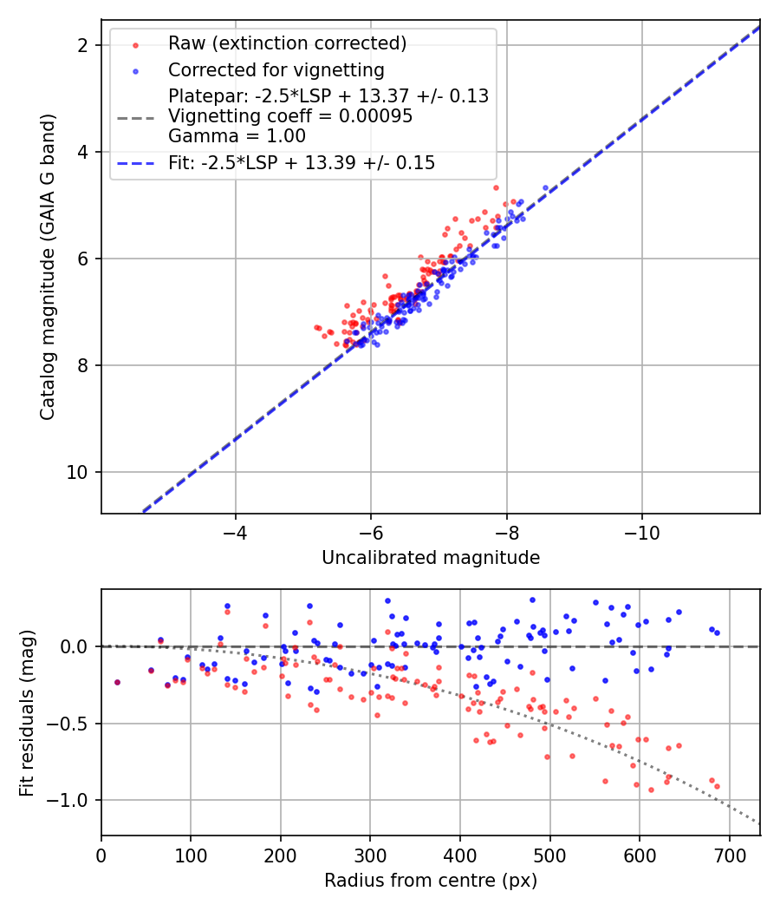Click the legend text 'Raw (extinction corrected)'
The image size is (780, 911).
point(287,43)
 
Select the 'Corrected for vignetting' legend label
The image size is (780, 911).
point(276,69)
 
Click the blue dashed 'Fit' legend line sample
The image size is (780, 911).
point(137,163)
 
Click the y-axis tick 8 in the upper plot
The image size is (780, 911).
point(82,365)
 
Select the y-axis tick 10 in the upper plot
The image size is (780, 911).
point(78,472)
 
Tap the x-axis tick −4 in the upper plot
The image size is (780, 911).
point(235,533)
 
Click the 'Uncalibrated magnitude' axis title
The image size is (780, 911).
point(431,558)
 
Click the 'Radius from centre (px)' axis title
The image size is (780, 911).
point(431,881)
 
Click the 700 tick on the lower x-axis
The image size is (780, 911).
point(729,855)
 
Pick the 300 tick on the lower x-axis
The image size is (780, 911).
point(370,855)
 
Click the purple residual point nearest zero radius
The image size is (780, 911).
point(117,682)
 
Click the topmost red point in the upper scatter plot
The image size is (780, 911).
point(496,187)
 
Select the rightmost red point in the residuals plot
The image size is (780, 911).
point(717,786)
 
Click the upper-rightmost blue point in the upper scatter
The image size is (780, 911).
point(545,187)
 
